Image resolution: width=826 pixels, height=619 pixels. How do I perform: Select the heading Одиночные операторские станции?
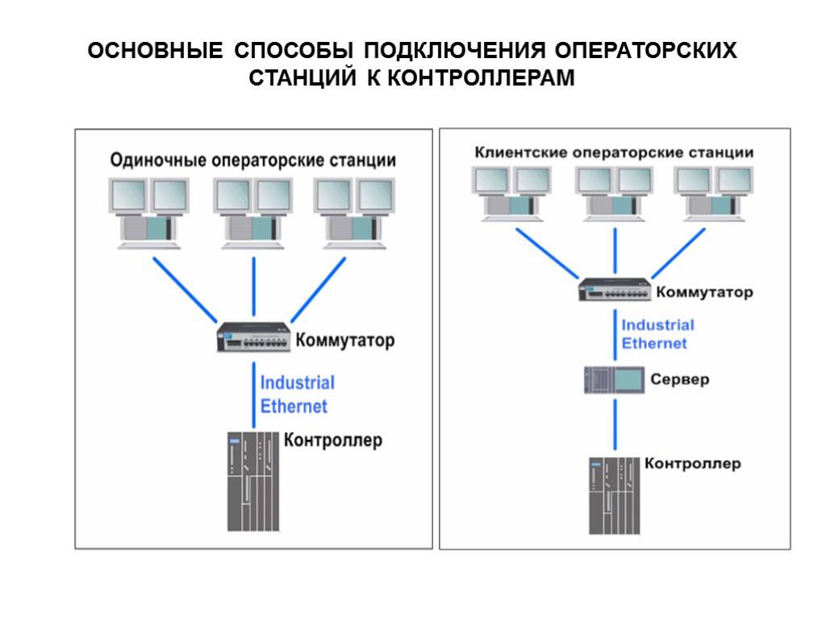(x=252, y=160)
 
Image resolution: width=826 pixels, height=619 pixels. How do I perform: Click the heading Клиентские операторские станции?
(x=614, y=152)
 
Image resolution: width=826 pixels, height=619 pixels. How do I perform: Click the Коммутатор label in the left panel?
(x=346, y=340)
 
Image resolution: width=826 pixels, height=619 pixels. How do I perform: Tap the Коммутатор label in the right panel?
(x=704, y=292)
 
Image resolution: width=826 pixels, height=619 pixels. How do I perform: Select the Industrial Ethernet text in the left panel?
(x=295, y=394)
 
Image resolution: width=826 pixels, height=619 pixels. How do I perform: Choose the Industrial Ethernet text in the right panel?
(x=657, y=334)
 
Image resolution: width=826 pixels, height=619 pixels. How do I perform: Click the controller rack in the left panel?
(x=252, y=481)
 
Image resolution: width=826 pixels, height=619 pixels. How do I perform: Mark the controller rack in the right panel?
(x=615, y=495)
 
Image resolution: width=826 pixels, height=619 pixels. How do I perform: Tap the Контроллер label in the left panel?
(x=332, y=440)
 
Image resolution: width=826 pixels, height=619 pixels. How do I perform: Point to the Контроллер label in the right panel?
(x=692, y=463)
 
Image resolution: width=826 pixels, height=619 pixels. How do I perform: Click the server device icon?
(x=615, y=380)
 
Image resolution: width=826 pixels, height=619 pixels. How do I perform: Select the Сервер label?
(x=680, y=379)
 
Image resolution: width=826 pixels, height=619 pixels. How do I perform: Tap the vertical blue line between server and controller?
(x=615, y=425)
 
